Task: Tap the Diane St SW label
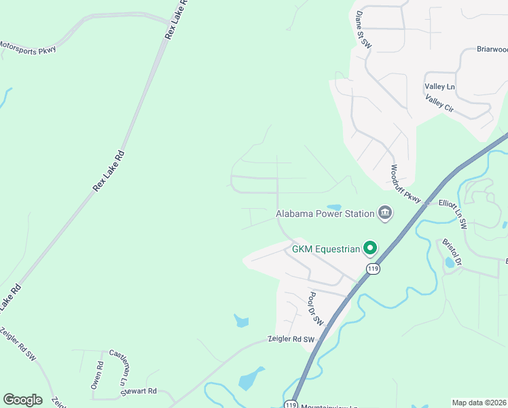[x=364, y=29]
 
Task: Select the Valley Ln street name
[x=439, y=87]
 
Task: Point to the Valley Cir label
[x=439, y=104]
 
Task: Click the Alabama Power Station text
[x=325, y=214]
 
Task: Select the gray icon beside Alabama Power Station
[x=385, y=214]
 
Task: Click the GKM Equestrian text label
[x=325, y=249]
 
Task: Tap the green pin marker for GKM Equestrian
[x=370, y=249]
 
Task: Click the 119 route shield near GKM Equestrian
[x=372, y=269]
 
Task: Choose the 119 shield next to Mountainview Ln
[x=291, y=404]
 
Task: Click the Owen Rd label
[x=98, y=375]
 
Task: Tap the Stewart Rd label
[x=140, y=391]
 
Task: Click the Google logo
[x=22, y=400]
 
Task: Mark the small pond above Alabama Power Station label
[x=333, y=207]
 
